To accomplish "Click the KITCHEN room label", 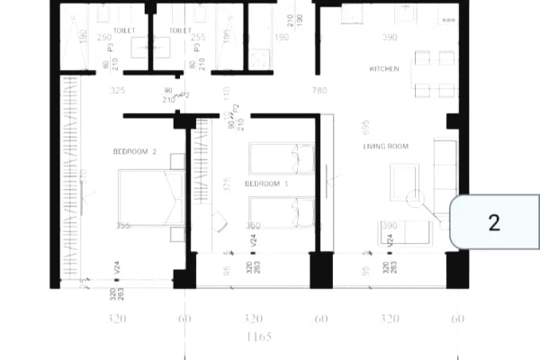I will point(383,69).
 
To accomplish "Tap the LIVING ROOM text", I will point(386,146).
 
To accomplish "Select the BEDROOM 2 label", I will point(135,152).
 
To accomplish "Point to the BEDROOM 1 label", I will point(266,184).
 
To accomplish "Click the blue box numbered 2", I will point(493,222).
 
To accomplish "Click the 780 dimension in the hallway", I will point(319,91).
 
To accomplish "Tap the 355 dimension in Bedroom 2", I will point(124,226).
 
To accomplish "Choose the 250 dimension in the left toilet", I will point(104,38).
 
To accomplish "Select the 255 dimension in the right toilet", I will point(199,38).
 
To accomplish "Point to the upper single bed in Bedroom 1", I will point(281,159).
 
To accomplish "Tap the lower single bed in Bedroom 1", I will point(281,212).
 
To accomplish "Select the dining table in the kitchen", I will point(434,74).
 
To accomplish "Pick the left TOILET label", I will point(124,30).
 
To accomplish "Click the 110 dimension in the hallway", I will point(227,92).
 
